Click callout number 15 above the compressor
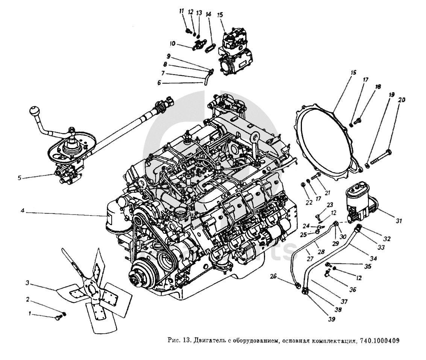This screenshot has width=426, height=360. tap(220, 15)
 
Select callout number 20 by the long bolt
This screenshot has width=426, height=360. tap(402, 100)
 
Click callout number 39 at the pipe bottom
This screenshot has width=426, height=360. tap(331, 319)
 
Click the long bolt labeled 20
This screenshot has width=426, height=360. tap(380, 157)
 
